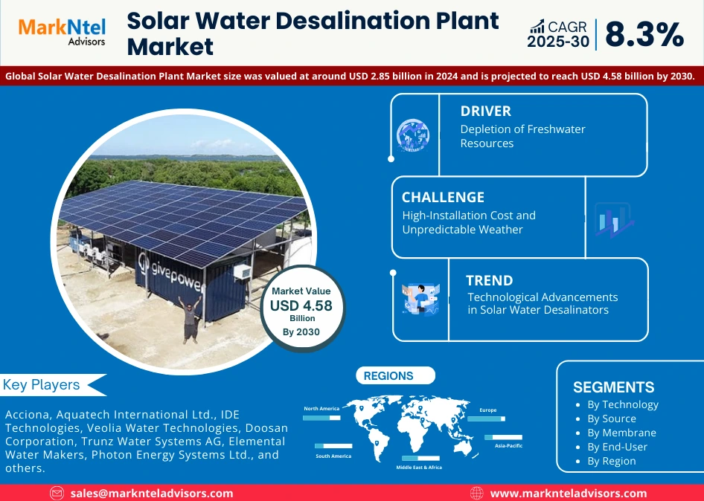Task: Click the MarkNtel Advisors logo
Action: [61, 32]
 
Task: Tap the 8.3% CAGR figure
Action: [644, 34]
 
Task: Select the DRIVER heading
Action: [485, 111]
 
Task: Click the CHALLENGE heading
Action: [443, 197]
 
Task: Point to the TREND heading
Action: [489, 280]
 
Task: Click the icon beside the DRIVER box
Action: [412, 136]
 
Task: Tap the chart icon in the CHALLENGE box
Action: [613, 220]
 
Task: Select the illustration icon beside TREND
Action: [420, 298]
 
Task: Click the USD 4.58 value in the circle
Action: [301, 305]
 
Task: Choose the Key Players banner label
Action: [42, 384]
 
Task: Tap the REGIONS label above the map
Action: [388, 376]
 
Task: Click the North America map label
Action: [321, 408]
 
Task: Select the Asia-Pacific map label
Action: [508, 446]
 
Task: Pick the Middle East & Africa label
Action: [418, 468]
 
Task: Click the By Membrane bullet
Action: [621, 433]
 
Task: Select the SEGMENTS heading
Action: [613, 387]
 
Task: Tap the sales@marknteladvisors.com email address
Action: [152, 493]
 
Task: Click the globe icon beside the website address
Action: [477, 493]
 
